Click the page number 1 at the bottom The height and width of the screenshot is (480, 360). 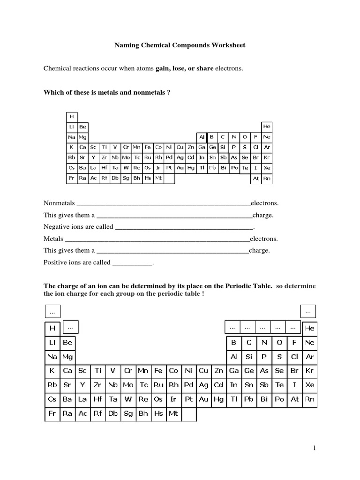315,449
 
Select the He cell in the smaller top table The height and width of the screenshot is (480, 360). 267,127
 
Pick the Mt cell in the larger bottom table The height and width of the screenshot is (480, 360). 173,414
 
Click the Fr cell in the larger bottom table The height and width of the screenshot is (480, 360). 52,414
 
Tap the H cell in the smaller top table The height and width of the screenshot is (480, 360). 72,116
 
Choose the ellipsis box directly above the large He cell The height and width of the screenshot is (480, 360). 308,311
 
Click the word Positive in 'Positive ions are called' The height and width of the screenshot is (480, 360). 55,262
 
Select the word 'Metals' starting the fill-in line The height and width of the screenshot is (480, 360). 53,239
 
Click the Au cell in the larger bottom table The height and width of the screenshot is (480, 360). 204,399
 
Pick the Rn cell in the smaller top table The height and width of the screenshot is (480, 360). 267,179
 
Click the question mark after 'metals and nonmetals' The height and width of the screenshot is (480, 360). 168,92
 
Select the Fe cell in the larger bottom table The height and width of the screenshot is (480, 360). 158,370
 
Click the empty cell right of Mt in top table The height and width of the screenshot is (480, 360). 169,179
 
